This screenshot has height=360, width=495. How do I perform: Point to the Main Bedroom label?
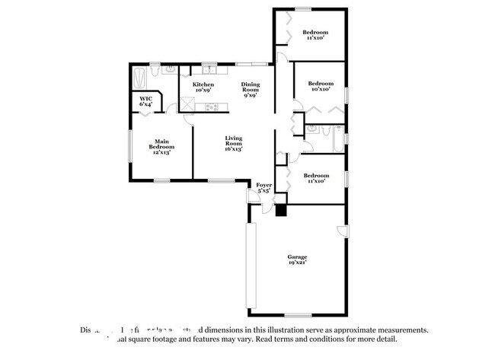(x=161, y=143)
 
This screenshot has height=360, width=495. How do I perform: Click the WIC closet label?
(x=145, y=100)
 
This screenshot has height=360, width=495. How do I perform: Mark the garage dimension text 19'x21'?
(x=297, y=263)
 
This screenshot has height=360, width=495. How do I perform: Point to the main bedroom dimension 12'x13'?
(x=161, y=152)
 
